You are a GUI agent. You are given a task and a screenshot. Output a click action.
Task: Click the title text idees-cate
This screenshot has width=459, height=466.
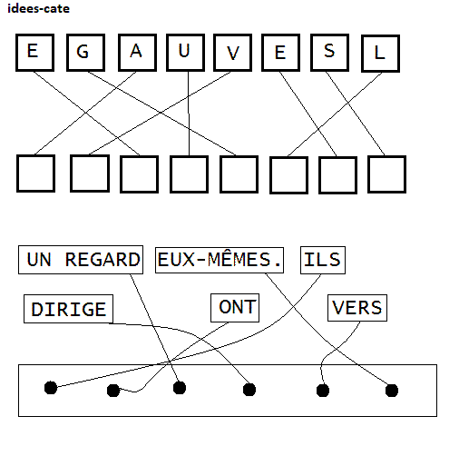[x=38, y=8]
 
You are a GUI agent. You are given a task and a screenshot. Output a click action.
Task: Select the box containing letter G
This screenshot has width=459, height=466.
[x=85, y=53]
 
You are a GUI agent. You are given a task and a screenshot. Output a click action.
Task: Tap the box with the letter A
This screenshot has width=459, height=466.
[x=137, y=53]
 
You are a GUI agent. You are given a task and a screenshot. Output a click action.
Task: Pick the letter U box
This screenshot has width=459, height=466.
[x=185, y=53]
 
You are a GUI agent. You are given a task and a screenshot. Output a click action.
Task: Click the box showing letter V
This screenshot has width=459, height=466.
[x=232, y=53]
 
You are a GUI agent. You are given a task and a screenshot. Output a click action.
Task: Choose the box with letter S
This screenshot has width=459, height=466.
[x=329, y=53]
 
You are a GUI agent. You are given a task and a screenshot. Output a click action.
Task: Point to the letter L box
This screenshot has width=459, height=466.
[x=380, y=54]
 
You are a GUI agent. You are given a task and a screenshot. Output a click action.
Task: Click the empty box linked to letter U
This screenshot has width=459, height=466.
[x=189, y=174]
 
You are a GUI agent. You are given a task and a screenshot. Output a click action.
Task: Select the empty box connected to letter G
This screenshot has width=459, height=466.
[x=239, y=174]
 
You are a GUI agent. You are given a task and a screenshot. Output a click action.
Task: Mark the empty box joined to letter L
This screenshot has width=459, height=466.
[x=288, y=175]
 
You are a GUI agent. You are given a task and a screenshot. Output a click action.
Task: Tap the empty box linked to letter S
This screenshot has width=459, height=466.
[x=386, y=174]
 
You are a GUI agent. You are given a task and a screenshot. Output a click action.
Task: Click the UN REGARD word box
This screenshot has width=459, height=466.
[x=81, y=260]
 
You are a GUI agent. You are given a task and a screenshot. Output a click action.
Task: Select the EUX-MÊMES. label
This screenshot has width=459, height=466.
[x=220, y=260]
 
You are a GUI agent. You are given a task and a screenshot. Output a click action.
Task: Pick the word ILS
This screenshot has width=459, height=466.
[x=323, y=260]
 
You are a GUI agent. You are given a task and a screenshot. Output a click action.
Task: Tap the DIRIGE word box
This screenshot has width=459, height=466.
[x=68, y=309]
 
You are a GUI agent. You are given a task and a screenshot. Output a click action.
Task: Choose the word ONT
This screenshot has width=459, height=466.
[x=235, y=308]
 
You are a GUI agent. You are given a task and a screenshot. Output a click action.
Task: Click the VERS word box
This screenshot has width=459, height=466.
[x=357, y=308]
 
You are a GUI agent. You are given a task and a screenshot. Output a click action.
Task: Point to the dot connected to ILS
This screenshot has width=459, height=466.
[x=51, y=388]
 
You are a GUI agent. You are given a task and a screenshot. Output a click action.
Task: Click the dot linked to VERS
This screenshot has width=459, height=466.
[x=323, y=391]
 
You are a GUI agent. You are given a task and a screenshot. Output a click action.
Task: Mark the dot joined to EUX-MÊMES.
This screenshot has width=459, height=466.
[x=392, y=391]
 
